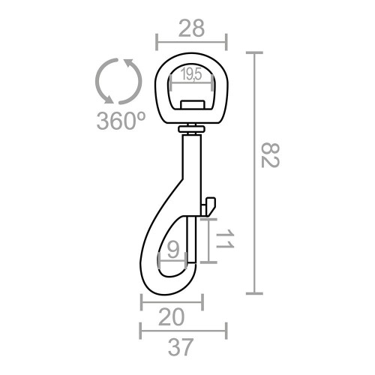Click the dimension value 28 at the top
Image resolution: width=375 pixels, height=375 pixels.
click(190, 28)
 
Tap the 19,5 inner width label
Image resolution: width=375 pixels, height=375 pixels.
click(190, 73)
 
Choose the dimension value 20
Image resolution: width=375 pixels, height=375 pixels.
click(172, 319)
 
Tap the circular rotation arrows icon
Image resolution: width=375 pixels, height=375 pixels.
click(119, 81)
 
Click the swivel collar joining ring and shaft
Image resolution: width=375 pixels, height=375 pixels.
click(191, 130)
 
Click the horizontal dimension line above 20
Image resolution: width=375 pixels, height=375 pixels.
click(172, 302)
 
